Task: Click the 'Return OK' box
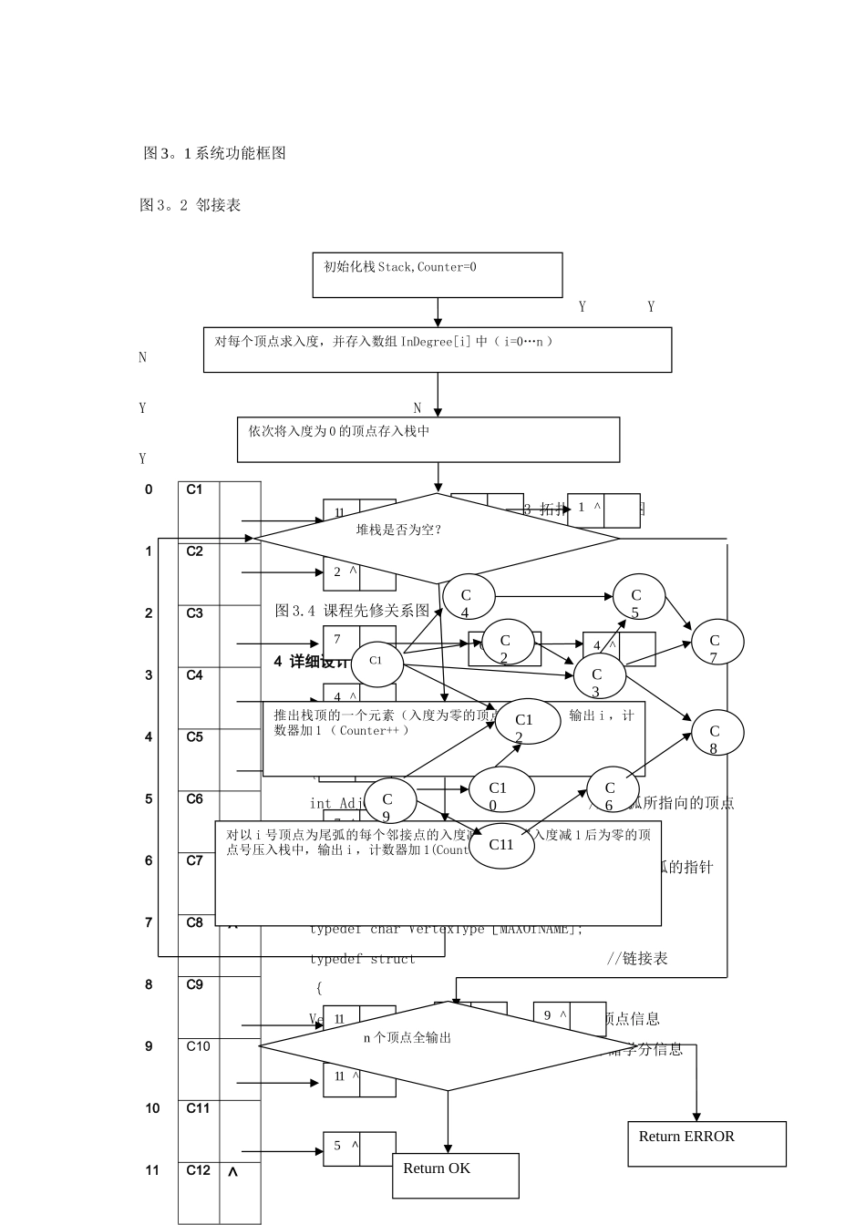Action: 456,1175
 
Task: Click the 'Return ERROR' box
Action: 706,1143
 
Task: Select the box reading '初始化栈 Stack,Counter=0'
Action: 438,274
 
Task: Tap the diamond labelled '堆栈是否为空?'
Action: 437,538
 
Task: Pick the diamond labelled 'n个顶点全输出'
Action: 447,1045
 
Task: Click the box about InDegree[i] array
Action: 438,349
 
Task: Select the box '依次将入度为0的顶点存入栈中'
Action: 428,439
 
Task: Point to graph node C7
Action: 717,643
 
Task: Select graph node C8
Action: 717,733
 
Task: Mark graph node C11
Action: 502,844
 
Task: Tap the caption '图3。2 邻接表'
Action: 190,205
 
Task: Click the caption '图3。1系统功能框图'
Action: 215,153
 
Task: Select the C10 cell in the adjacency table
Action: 198,1046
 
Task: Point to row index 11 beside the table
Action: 152,1170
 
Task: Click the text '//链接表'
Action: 637,958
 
